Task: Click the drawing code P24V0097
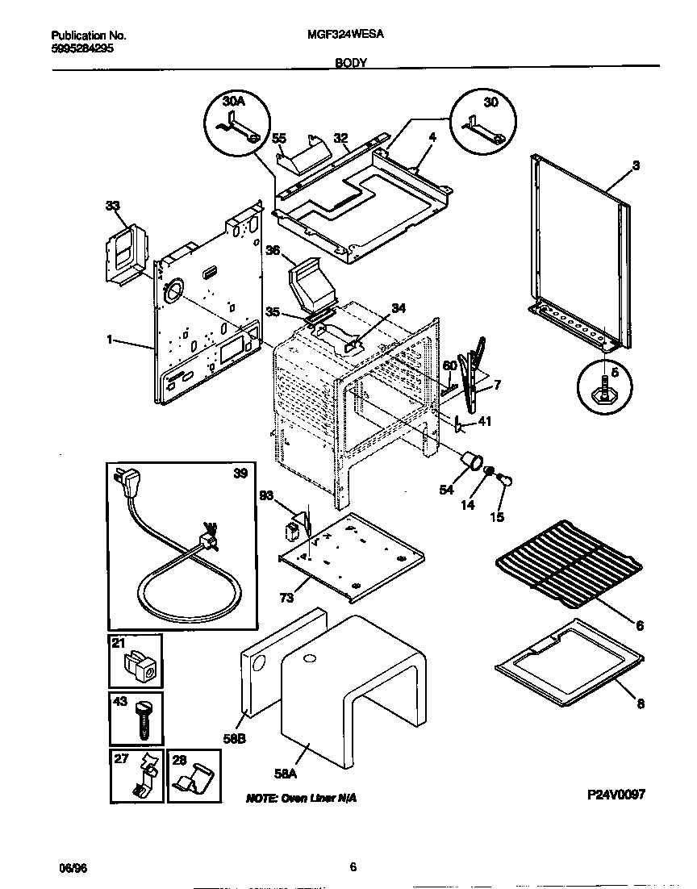[x=616, y=794]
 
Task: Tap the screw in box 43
[x=143, y=723]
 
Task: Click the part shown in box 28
[x=192, y=780]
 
